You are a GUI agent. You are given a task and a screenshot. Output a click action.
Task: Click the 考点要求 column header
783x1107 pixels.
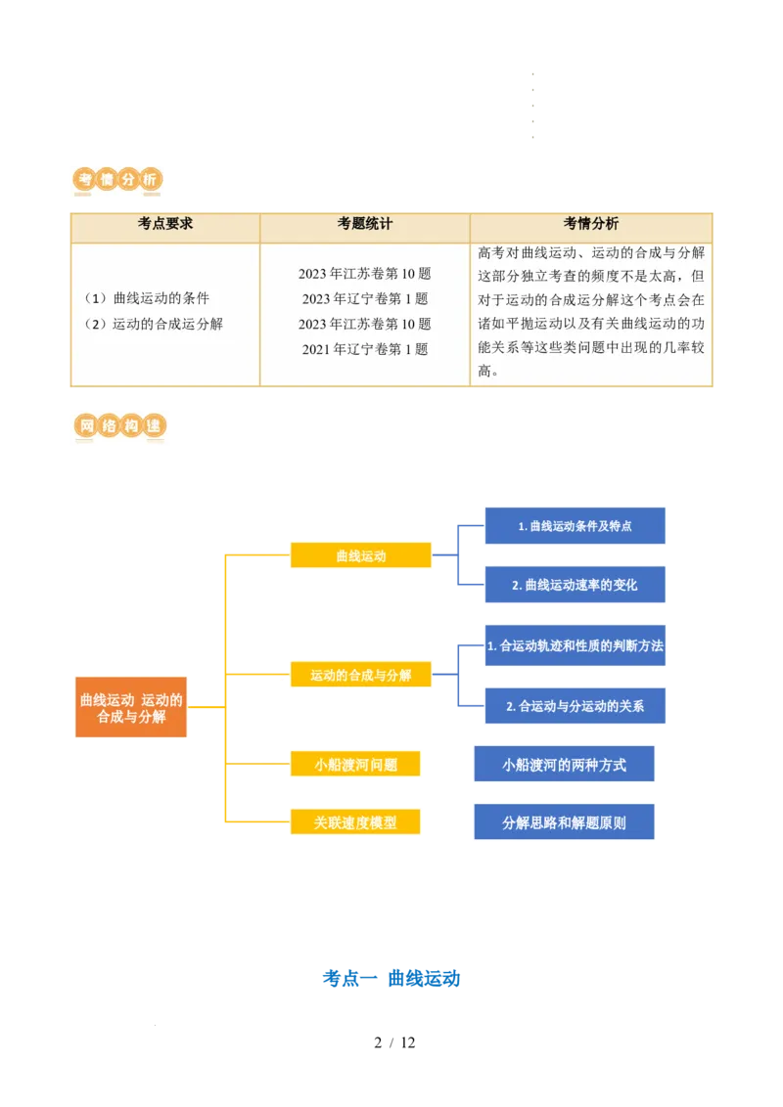point(165,224)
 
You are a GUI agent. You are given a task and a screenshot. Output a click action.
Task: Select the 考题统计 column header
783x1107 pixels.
point(365,224)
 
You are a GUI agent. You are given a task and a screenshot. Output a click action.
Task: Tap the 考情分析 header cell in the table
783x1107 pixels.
point(591,224)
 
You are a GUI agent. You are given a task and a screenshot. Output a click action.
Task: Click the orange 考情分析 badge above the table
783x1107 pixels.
point(117,180)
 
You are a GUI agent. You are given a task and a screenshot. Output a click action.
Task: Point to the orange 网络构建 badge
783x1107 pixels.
point(119,426)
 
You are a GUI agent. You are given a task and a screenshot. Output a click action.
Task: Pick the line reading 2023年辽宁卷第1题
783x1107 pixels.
point(365,298)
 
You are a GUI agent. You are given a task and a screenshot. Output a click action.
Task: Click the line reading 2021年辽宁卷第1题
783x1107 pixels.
point(365,349)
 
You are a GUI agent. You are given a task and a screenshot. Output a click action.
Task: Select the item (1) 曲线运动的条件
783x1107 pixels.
point(147,298)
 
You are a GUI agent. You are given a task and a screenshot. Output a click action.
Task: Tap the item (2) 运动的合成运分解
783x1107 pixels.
point(154,324)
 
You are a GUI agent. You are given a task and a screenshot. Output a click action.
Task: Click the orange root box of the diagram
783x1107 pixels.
point(131,707)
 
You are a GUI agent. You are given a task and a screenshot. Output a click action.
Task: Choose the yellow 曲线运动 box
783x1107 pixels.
point(360,554)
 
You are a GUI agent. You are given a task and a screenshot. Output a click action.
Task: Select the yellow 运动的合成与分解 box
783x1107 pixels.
point(360,674)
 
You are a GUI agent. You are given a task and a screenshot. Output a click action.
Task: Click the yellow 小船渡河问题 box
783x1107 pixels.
point(355,764)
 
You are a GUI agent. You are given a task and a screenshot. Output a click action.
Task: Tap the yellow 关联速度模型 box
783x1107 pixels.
point(355,821)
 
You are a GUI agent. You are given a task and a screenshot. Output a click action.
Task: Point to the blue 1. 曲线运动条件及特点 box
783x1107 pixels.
point(575,525)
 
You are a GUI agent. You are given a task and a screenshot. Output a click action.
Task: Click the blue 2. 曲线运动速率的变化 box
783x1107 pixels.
point(575,584)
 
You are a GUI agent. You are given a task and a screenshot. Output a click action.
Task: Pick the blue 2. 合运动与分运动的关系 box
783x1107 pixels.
point(575,705)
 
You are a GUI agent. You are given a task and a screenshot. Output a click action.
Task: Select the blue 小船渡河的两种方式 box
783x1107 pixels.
point(564,764)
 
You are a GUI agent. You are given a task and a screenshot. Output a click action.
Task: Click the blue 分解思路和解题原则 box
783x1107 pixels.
point(564,821)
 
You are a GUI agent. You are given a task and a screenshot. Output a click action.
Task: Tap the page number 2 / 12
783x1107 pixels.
point(394,1042)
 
